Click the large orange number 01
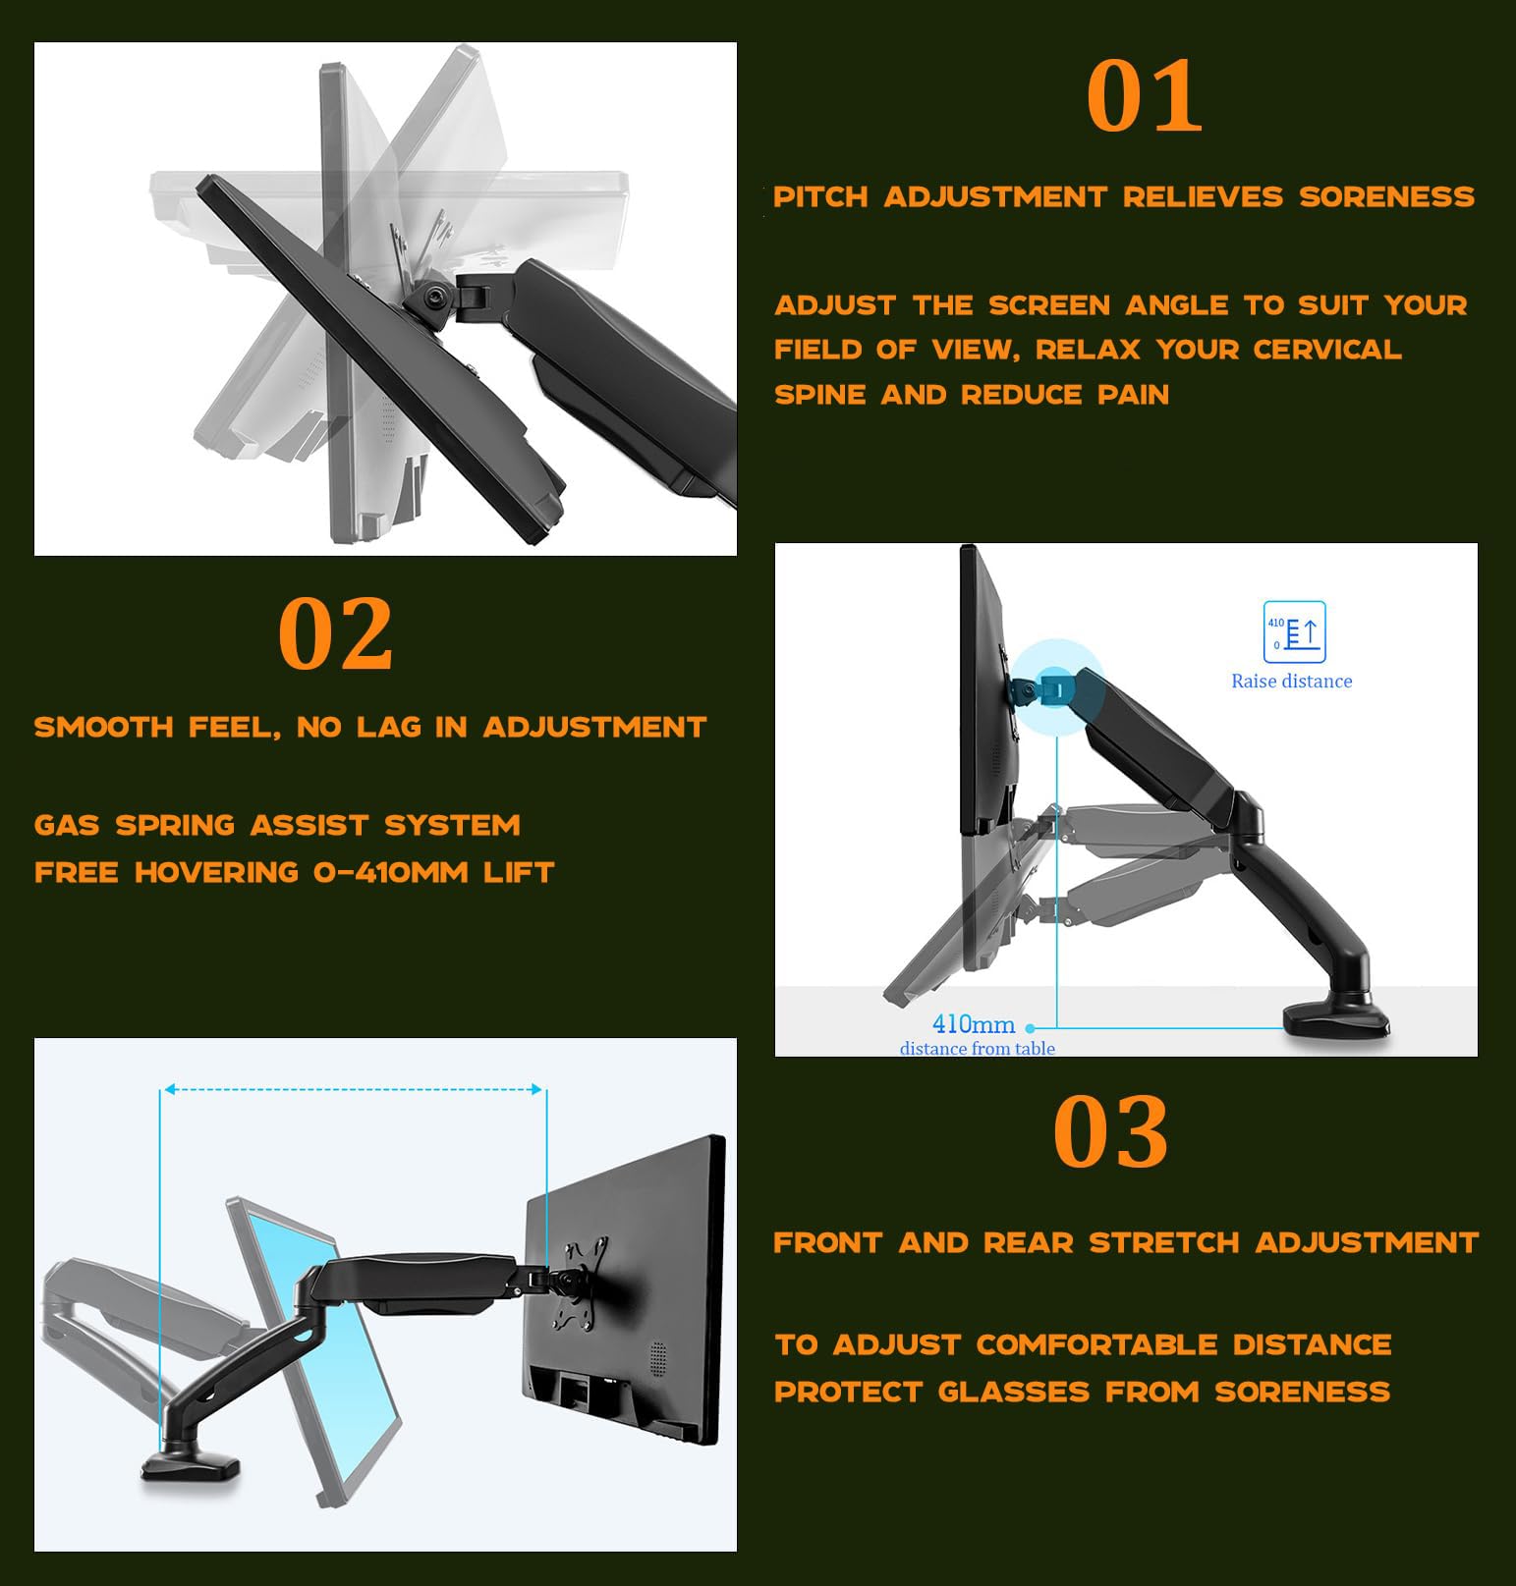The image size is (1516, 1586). tap(1144, 95)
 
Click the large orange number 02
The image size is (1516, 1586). tap(335, 633)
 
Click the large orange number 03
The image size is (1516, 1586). tap(1110, 1131)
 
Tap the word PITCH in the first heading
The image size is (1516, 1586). tap(820, 197)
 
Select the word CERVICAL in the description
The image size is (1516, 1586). tap(1326, 350)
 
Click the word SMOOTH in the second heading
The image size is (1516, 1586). tap(103, 728)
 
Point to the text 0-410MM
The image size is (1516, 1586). tap(391, 872)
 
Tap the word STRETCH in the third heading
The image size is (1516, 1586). tap(1164, 1243)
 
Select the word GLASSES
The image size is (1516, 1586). tap(1014, 1393)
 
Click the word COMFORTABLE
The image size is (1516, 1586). tap(1096, 1344)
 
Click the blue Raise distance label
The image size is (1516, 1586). tap(1292, 682)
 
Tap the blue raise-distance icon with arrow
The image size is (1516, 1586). tap(1295, 632)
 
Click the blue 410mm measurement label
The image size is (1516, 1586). tap(973, 1024)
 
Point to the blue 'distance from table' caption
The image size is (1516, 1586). tap(978, 1049)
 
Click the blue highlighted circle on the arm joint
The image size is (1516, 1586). tap(1057, 686)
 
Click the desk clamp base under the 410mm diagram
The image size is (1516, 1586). tap(1337, 1020)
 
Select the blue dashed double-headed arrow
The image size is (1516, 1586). tap(353, 1089)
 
